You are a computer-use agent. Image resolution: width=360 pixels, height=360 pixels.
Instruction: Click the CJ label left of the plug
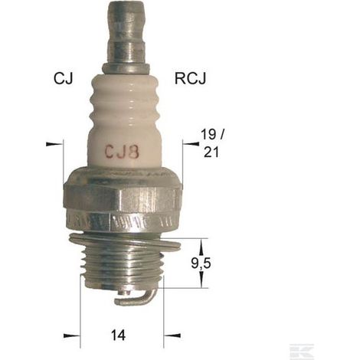[x=63, y=78]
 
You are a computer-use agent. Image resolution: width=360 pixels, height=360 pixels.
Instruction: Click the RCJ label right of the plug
[x=190, y=78]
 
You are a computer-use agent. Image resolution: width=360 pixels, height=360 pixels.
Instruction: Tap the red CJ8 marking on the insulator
[x=122, y=152]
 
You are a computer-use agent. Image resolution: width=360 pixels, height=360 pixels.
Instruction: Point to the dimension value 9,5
[x=201, y=263]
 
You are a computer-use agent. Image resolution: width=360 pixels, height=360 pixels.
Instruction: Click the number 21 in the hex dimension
[x=211, y=152]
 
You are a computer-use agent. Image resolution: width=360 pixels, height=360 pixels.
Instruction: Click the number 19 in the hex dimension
[x=208, y=134]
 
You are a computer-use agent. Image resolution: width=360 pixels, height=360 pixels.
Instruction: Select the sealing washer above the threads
[x=125, y=242]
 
